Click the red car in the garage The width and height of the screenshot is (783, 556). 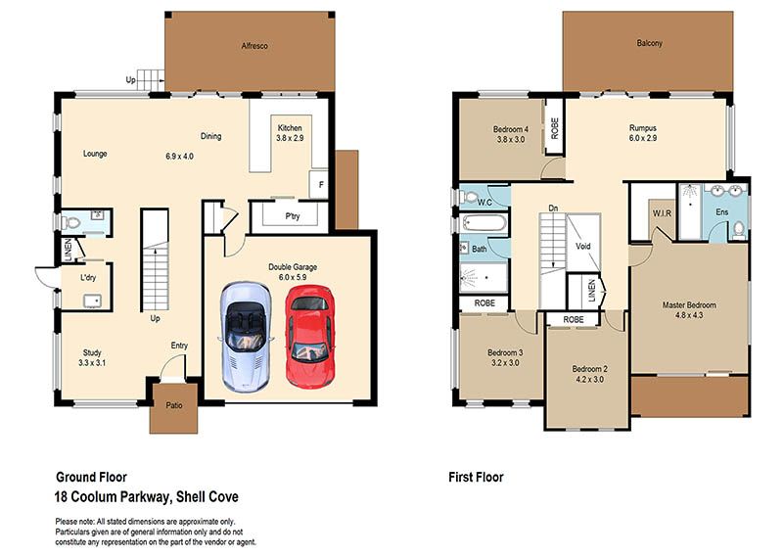(309, 337)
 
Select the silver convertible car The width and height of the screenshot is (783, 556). (247, 336)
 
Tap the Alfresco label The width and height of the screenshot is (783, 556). (254, 46)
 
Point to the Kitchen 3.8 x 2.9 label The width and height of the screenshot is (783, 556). (290, 133)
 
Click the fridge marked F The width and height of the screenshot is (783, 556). (319, 185)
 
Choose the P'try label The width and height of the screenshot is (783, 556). (293, 216)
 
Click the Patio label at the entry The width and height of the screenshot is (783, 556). (174, 405)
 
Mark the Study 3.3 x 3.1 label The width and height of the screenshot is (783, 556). (92, 357)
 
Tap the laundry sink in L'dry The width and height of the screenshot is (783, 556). (92, 301)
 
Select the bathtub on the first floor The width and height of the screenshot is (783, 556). (484, 223)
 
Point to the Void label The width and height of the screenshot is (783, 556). (582, 247)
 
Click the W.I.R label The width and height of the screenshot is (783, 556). (663, 213)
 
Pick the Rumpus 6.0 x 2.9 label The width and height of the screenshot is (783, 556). (643, 133)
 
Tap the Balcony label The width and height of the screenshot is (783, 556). (649, 43)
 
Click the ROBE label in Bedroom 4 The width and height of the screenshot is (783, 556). (554, 128)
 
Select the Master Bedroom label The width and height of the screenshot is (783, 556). (689, 304)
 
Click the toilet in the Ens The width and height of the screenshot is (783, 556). (739, 230)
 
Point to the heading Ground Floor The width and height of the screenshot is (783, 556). (91, 477)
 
